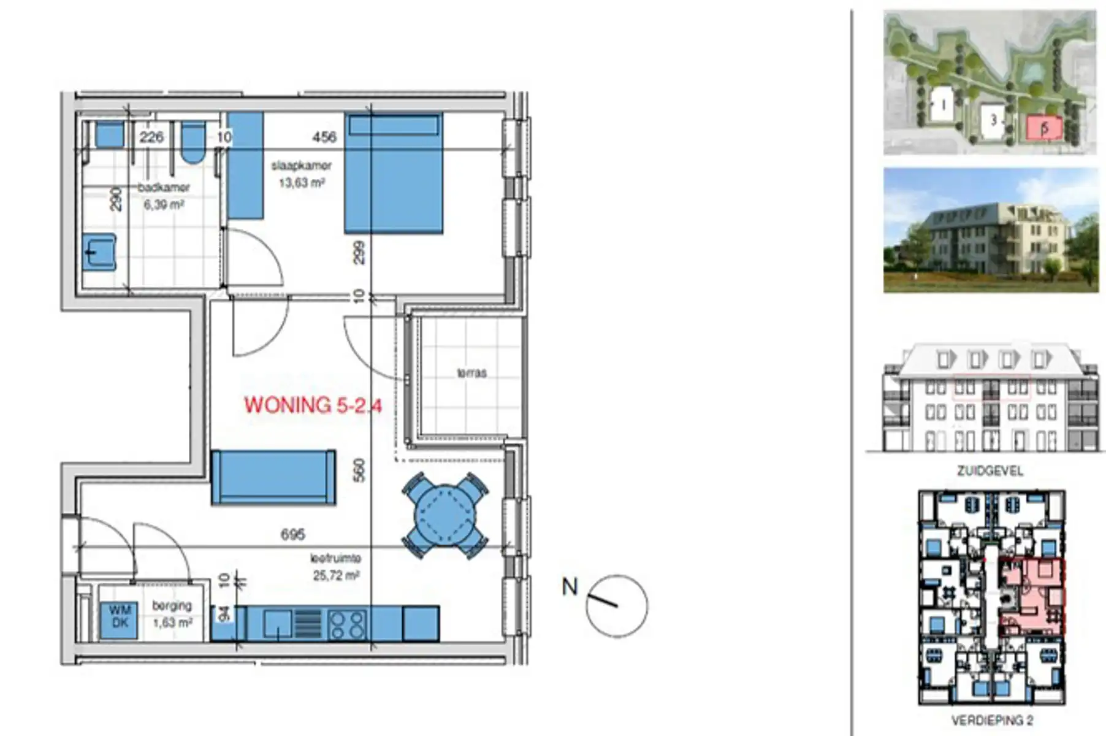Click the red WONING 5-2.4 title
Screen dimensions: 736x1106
313,405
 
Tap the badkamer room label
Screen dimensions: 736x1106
164,188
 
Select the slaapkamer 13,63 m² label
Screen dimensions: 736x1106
301,174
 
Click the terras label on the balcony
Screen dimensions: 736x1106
471,372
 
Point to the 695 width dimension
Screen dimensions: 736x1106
292,535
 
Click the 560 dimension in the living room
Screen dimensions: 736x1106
359,470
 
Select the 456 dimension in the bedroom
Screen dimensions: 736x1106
324,137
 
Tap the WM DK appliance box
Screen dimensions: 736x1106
120,616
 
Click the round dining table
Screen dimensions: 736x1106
444,516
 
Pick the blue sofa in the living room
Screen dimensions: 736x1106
273,477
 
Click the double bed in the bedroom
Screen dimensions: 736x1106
393,173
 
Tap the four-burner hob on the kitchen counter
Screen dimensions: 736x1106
347,624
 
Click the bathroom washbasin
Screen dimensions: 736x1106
99,252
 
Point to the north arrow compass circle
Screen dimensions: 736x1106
616,606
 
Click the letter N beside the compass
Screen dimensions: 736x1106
570,587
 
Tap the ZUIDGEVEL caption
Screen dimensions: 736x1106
990,471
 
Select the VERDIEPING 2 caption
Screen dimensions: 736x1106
991,720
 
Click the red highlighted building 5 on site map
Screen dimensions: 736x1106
1045,128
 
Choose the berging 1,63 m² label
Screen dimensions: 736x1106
172,613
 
